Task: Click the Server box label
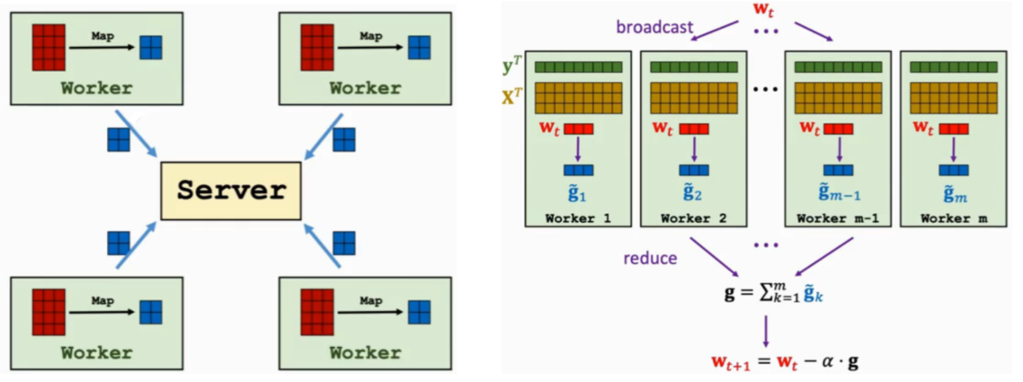(x=231, y=191)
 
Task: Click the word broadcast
(x=654, y=27)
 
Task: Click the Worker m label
(x=954, y=218)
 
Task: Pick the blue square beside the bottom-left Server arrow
(x=119, y=244)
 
